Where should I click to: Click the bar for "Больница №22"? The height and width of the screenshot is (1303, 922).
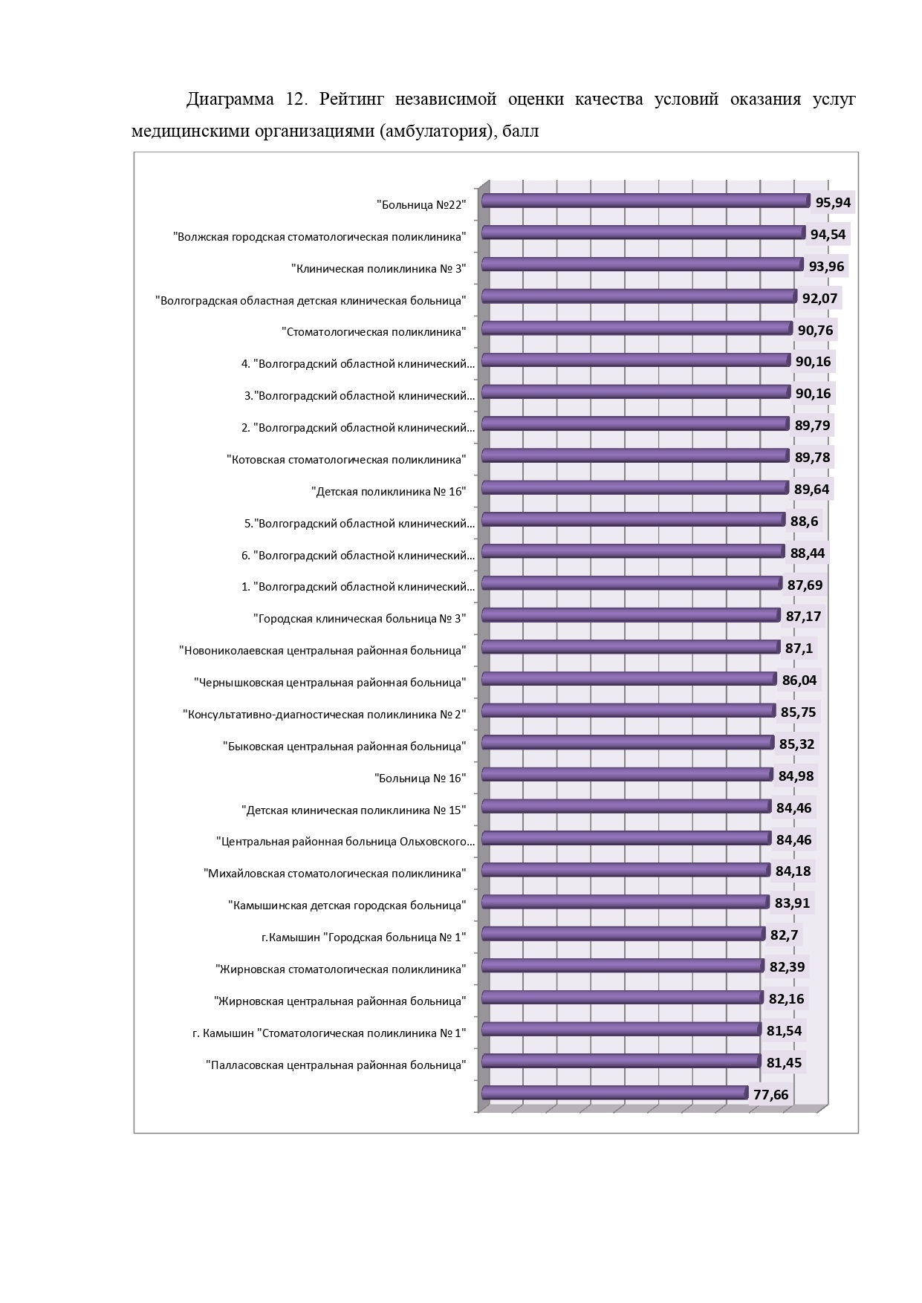pyautogui.click(x=646, y=201)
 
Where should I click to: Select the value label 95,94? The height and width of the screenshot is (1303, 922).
pyautogui.click(x=833, y=202)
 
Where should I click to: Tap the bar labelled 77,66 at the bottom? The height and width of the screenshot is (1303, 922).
pyautogui.click(x=614, y=1092)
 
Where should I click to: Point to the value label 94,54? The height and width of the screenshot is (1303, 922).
pyautogui.click(x=828, y=234)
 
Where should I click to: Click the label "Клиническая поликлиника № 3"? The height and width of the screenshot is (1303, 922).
pyautogui.click(x=379, y=268)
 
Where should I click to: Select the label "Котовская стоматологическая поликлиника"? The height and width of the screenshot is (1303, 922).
pyautogui.click(x=346, y=460)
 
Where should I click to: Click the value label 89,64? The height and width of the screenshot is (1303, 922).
pyautogui.click(x=812, y=489)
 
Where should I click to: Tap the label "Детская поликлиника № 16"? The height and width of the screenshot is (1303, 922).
pyautogui.click(x=389, y=492)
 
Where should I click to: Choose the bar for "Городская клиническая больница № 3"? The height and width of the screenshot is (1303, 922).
pyautogui.click(x=632, y=614)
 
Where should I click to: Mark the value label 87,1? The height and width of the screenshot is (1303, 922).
pyautogui.click(x=799, y=649)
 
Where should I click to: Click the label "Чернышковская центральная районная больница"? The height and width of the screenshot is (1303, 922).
pyautogui.click(x=330, y=683)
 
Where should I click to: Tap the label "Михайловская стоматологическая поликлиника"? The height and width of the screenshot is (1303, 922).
pyautogui.click(x=335, y=874)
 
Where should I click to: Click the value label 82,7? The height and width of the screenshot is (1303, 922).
pyautogui.click(x=784, y=935)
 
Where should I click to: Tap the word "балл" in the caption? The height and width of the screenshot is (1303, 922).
pyautogui.click(x=520, y=131)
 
